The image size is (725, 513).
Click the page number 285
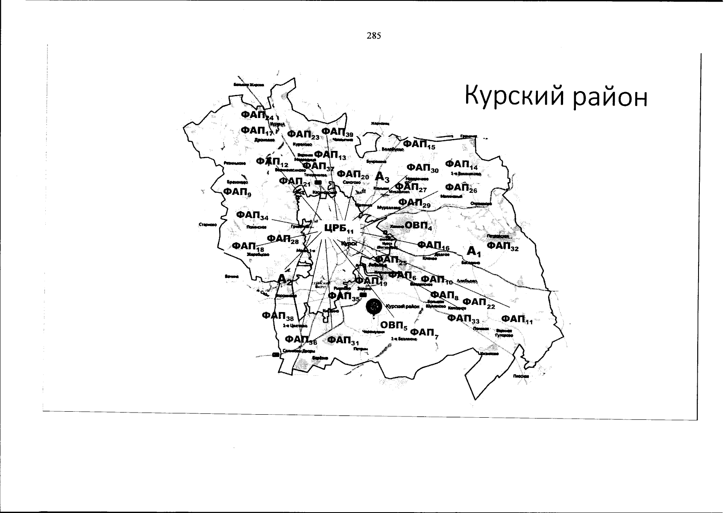[373, 36]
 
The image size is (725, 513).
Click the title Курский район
[556, 97]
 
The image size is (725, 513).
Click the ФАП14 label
[461, 165]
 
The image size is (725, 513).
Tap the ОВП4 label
[418, 225]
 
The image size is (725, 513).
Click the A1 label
[474, 252]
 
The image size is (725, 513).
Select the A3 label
[382, 177]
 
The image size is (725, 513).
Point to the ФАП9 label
[238, 192]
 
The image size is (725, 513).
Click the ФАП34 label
[252, 215]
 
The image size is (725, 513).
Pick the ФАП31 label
[343, 341]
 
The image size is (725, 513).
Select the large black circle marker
[374, 306]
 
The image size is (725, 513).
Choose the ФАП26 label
[461, 188]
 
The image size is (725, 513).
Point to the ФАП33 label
[463, 318]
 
